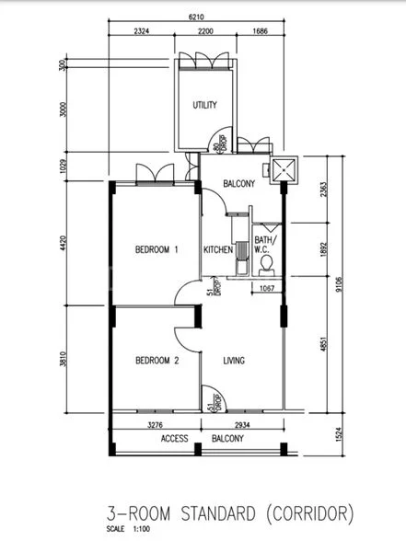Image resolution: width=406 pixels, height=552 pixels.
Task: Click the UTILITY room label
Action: [204, 105]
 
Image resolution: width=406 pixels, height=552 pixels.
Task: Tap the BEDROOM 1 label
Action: [156, 250]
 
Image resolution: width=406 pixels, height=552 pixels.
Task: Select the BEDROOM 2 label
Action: [156, 361]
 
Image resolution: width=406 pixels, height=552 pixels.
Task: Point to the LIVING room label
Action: [234, 361]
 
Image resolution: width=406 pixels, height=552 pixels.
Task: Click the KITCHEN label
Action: [217, 250]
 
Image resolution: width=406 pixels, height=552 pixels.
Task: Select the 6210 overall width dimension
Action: [194, 17]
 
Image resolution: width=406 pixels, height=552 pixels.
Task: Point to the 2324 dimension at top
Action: [142, 31]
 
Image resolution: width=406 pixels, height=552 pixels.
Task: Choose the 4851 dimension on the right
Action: [319, 343]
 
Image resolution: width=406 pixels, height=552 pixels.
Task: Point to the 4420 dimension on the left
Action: [64, 243]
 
